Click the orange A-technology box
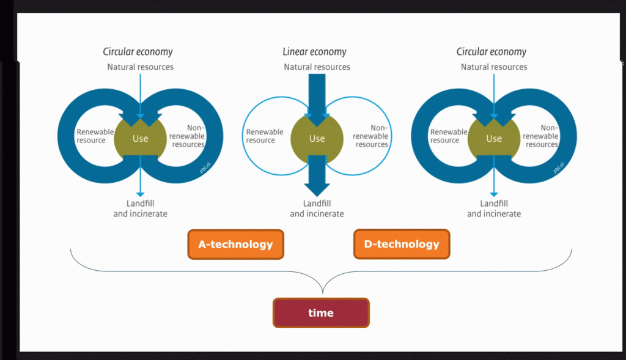(x=235, y=244)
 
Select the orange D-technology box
(x=402, y=244)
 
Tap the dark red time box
(x=321, y=313)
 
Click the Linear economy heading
(x=315, y=52)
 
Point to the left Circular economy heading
(x=138, y=52)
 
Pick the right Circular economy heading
(x=492, y=52)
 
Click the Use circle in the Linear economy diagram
(x=317, y=139)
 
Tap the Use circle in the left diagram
(x=140, y=139)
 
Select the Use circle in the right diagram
(x=494, y=139)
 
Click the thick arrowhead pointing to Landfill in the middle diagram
(x=317, y=189)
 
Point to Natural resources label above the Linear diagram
(x=317, y=67)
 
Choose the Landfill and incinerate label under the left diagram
(x=140, y=209)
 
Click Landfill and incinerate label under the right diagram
(x=494, y=209)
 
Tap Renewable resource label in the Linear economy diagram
(x=265, y=136)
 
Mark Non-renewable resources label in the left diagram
(x=187, y=136)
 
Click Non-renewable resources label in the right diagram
(x=540, y=136)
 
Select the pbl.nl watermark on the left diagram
(x=205, y=167)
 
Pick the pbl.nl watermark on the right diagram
(x=559, y=167)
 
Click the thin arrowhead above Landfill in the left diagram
(x=140, y=194)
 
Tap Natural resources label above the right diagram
(x=494, y=67)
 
